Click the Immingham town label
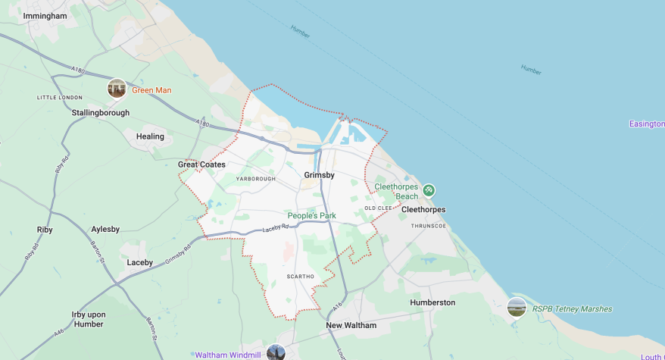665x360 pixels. (x=45, y=15)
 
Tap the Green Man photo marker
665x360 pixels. (x=117, y=89)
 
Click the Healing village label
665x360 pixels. (x=150, y=136)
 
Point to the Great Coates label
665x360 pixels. (x=201, y=164)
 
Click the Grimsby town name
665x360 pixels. (x=319, y=175)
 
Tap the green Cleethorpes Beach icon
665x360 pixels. (x=428, y=189)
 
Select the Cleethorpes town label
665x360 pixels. (x=423, y=209)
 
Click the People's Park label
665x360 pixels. (x=311, y=216)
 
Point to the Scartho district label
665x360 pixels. (x=300, y=277)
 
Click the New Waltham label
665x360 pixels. (x=351, y=325)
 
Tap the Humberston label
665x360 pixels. (x=432, y=302)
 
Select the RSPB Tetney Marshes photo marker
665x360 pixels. (x=517, y=308)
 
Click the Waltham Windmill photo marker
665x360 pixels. (x=276, y=353)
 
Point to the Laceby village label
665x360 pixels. (x=140, y=262)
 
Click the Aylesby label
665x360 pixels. (x=105, y=229)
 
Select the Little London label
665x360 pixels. (x=60, y=98)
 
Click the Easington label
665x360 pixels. (x=647, y=124)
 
